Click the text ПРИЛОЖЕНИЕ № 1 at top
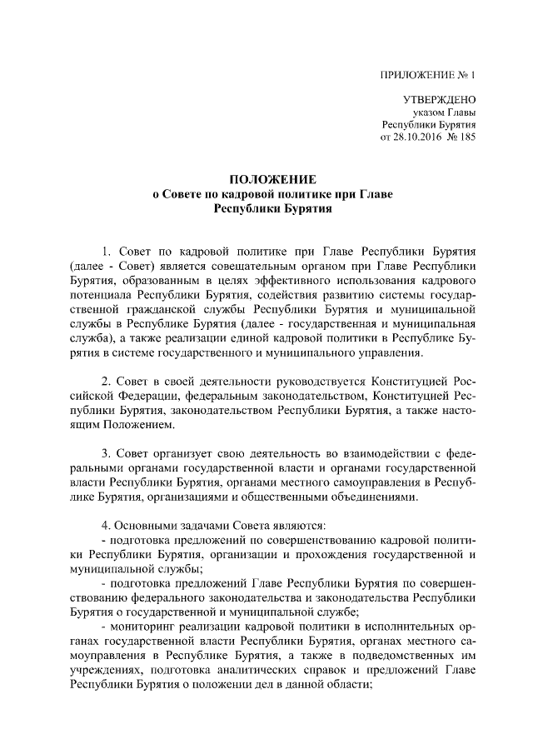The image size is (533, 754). tap(433, 75)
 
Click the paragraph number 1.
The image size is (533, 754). tap(106, 251)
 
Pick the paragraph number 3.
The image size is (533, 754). tap(106, 453)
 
